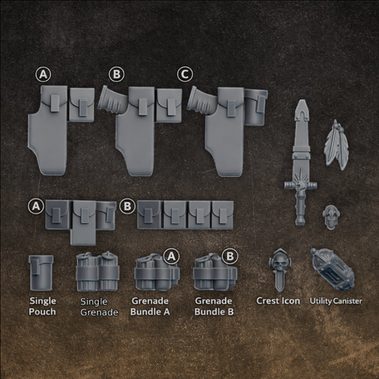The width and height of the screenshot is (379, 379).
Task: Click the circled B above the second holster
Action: pyautogui.click(x=116, y=75)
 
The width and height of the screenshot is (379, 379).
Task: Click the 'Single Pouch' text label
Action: pyautogui.click(x=43, y=307)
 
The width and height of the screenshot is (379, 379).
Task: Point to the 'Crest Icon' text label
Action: pyautogui.click(x=278, y=301)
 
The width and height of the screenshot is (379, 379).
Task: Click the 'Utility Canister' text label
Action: pyautogui.click(x=336, y=301)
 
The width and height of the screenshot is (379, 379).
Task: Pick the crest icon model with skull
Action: pyautogui.click(x=277, y=271)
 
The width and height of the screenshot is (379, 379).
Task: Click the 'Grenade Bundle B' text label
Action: pyautogui.click(x=213, y=306)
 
